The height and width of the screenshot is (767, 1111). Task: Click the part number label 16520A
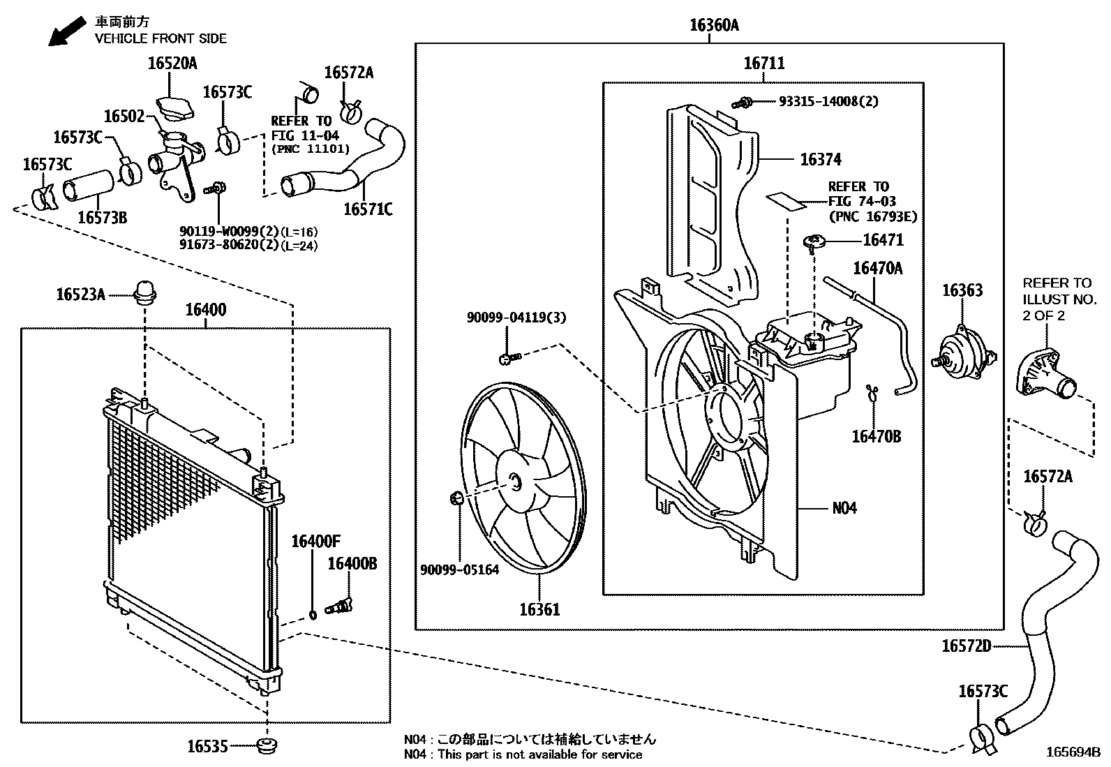coord(172,64)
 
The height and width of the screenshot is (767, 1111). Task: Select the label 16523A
coord(81,295)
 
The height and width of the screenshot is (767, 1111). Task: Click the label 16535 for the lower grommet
coord(207,746)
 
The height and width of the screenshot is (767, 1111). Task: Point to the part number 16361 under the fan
coord(539,609)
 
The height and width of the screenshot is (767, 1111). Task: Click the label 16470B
coord(877,437)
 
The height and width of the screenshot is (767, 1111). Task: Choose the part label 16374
coord(821,159)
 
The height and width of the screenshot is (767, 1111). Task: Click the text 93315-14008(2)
coord(828,101)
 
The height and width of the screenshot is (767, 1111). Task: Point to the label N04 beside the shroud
coord(844,508)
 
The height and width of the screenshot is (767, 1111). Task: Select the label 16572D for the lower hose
coord(967,646)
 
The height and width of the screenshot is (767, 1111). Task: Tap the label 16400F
coord(315,541)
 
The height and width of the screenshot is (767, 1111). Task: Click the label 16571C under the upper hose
coord(368,209)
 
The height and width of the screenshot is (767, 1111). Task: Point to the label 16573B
coord(102,217)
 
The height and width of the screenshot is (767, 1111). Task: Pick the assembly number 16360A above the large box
coord(714,26)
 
